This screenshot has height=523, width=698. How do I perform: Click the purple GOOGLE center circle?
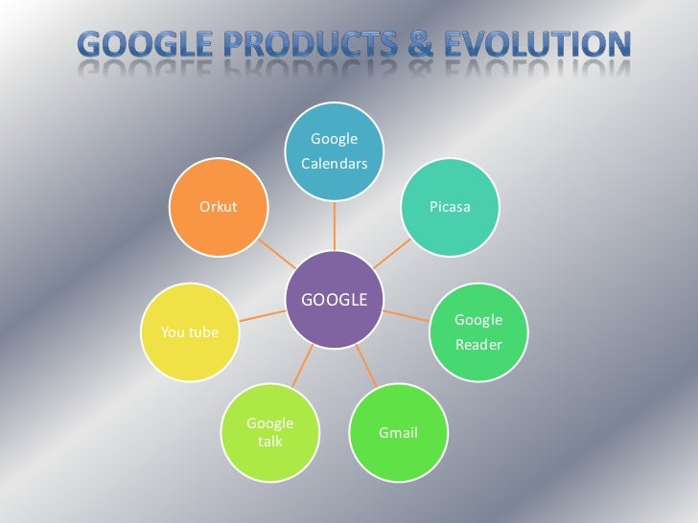(x=335, y=299)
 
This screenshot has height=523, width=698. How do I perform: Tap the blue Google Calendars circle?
(x=335, y=152)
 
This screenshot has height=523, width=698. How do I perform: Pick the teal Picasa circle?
(x=450, y=208)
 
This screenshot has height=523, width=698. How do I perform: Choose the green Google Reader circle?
(x=477, y=331)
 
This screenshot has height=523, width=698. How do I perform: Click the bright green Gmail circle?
(x=398, y=433)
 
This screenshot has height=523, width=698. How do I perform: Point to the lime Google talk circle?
(x=269, y=433)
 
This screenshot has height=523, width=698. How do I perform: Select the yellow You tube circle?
(x=189, y=331)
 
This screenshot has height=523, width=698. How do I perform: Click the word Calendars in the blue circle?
(x=335, y=164)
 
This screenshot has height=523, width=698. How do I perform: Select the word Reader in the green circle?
(x=477, y=345)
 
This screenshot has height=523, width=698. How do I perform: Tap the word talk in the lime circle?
(x=269, y=443)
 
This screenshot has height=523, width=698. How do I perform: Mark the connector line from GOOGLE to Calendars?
(x=335, y=226)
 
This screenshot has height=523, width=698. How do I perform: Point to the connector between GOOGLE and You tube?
(x=262, y=315)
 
